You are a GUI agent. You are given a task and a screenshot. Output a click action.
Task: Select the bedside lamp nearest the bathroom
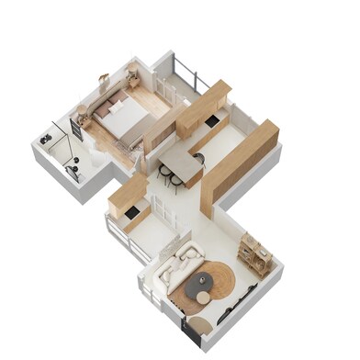click(84, 109)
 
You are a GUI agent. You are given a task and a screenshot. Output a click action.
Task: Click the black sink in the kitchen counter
click(212, 122)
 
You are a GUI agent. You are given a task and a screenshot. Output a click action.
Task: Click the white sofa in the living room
click(175, 267)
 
